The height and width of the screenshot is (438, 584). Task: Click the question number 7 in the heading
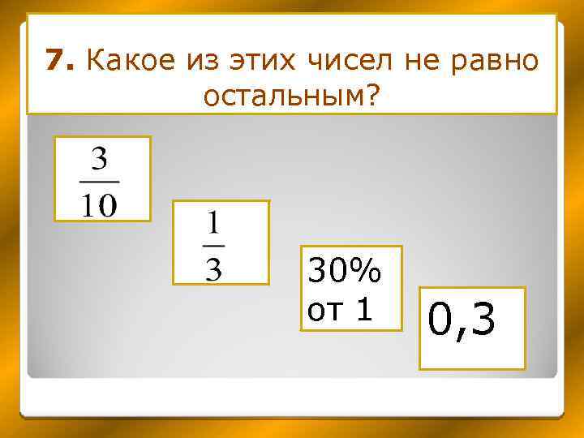[x=54, y=59]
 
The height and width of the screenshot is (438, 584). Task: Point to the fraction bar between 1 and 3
[x=213, y=245]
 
